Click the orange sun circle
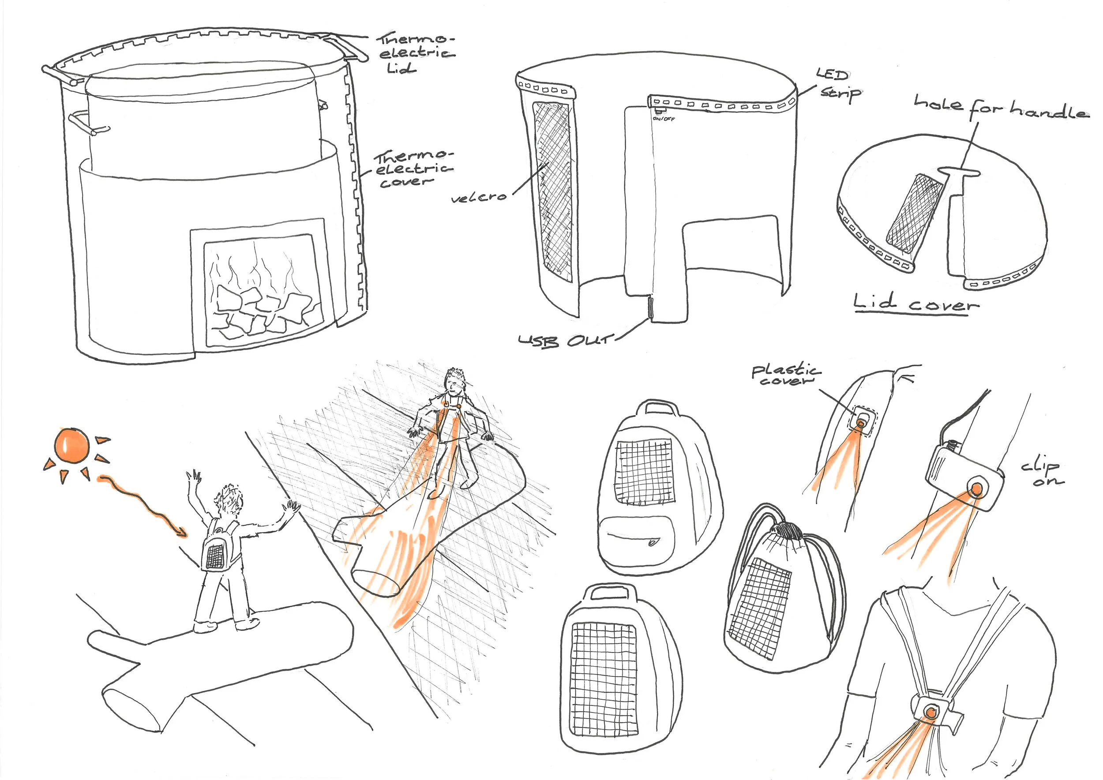[x=72, y=445]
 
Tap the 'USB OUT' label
[x=566, y=341]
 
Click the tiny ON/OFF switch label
[x=664, y=118]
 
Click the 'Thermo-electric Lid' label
[x=416, y=53]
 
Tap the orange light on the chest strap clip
[x=931, y=711]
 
